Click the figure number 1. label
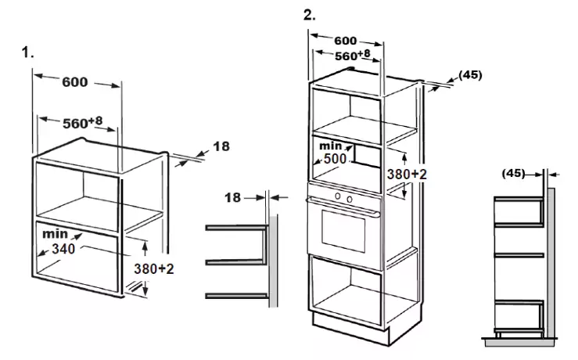tap(27, 52)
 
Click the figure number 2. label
tap(310, 15)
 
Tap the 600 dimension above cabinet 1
tap(75, 82)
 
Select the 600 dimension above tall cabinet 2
tap(346, 41)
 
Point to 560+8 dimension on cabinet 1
tap(83, 122)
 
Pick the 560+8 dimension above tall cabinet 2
tap(353, 56)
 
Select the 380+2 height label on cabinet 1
tap(154, 268)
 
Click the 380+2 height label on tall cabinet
tap(407, 174)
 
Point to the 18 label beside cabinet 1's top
tap(221, 146)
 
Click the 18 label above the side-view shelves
tap(232, 198)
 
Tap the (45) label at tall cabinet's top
tap(470, 75)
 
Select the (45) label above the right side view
tap(514, 173)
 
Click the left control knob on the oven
tap(338, 196)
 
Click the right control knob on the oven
tap(350, 200)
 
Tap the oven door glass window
tap(343, 232)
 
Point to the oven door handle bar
tap(343, 206)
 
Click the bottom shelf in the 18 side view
tap(237, 296)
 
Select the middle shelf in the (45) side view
tap(519, 255)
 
